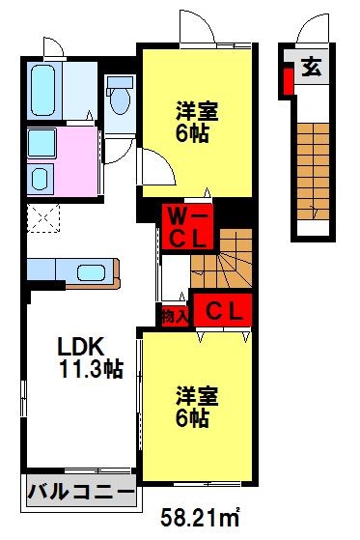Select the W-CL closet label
tap(180, 223)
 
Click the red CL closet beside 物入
tap(223, 311)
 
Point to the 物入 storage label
tap(173, 316)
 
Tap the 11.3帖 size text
tap(84, 368)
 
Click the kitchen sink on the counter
tap(92, 274)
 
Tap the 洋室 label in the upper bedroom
tap(196, 109)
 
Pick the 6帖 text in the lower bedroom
tap(196, 418)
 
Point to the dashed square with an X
tap(41, 216)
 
